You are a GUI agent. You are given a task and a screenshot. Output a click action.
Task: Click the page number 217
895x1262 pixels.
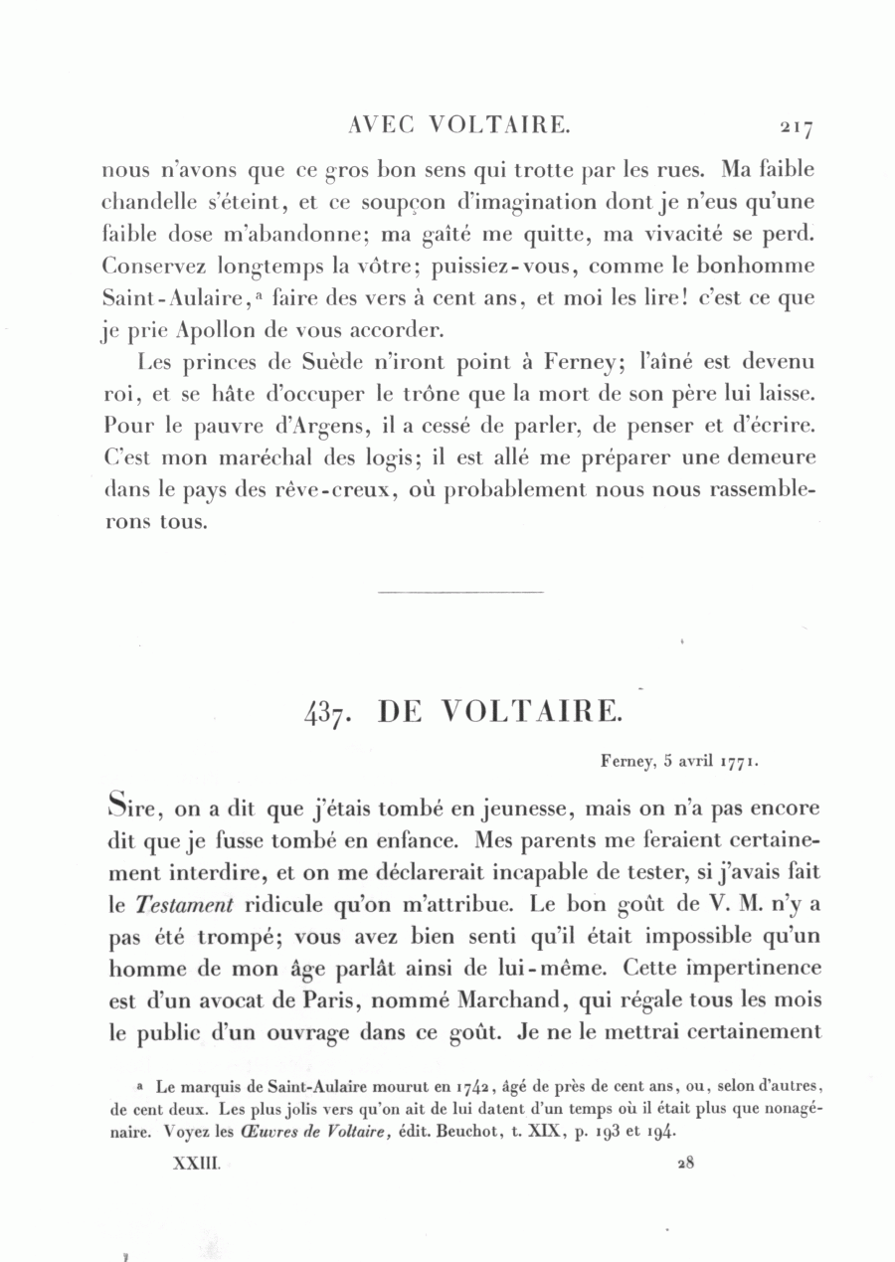797,126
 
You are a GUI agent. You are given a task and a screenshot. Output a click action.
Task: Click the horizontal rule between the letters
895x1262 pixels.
461,594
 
